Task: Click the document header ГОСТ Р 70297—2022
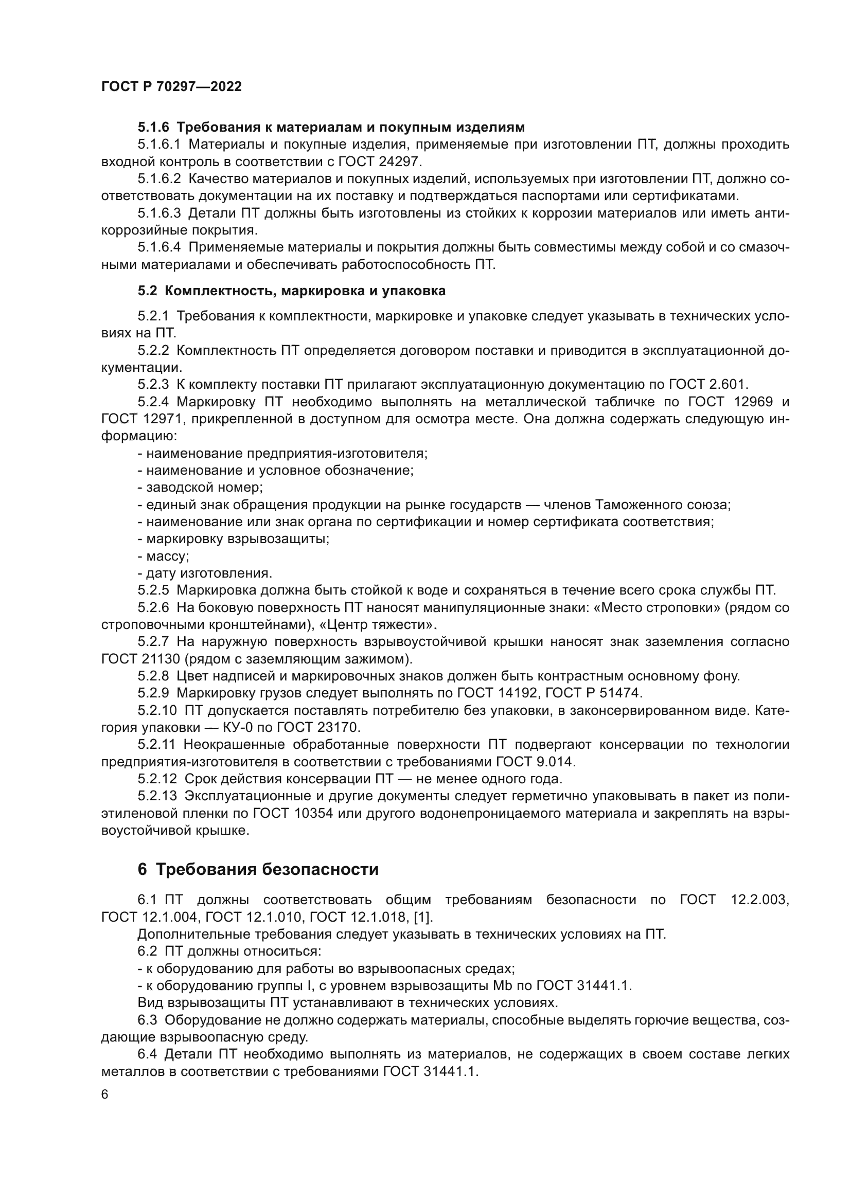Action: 171,86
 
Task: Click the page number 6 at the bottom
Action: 105,1094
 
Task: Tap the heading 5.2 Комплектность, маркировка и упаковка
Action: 291,291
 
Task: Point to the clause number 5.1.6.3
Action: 159,213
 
